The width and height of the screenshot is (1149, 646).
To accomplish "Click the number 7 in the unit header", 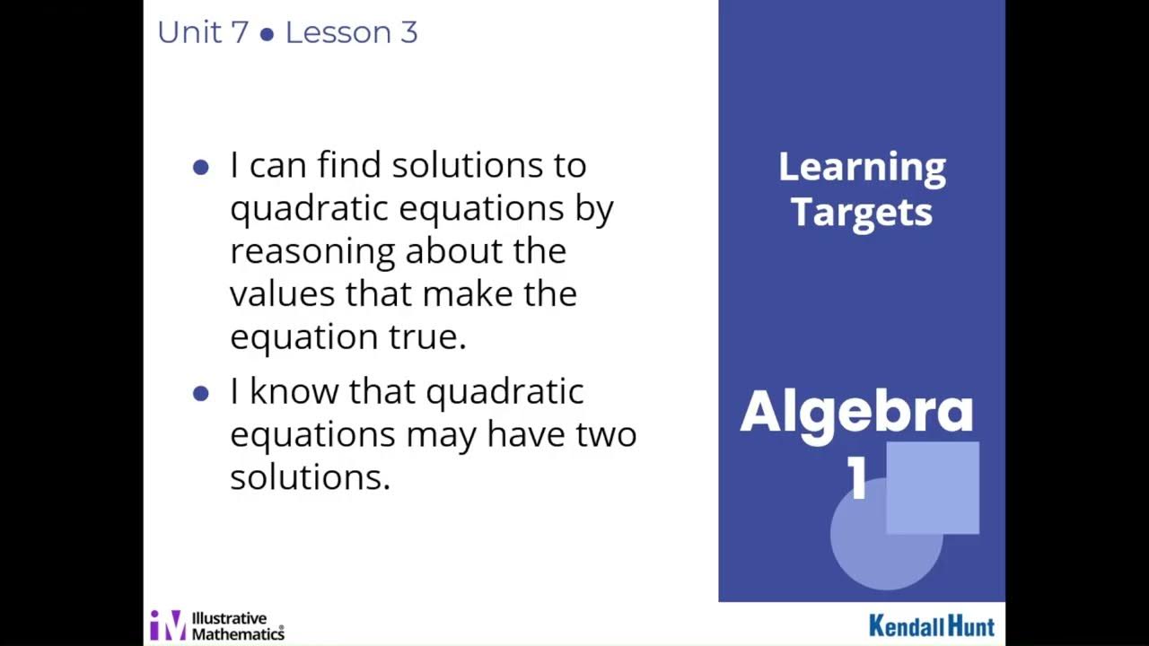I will click(x=239, y=33).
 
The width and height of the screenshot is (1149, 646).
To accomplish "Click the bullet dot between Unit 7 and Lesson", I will click(x=267, y=35).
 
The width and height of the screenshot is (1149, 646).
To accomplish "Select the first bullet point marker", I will click(x=201, y=167).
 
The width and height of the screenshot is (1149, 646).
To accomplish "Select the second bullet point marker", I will click(x=201, y=393).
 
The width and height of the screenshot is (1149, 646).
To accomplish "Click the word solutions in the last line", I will click(x=310, y=476).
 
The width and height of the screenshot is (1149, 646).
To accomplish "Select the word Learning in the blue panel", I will click(x=862, y=168).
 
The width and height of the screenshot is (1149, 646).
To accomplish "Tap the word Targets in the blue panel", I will click(x=862, y=213).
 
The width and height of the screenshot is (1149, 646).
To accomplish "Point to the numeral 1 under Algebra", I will click(x=857, y=481).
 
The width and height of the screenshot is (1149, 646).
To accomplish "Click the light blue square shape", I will click(x=934, y=486).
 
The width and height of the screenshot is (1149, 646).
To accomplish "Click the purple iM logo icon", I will click(x=168, y=624).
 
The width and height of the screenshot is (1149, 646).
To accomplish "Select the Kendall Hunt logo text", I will click(x=931, y=625).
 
